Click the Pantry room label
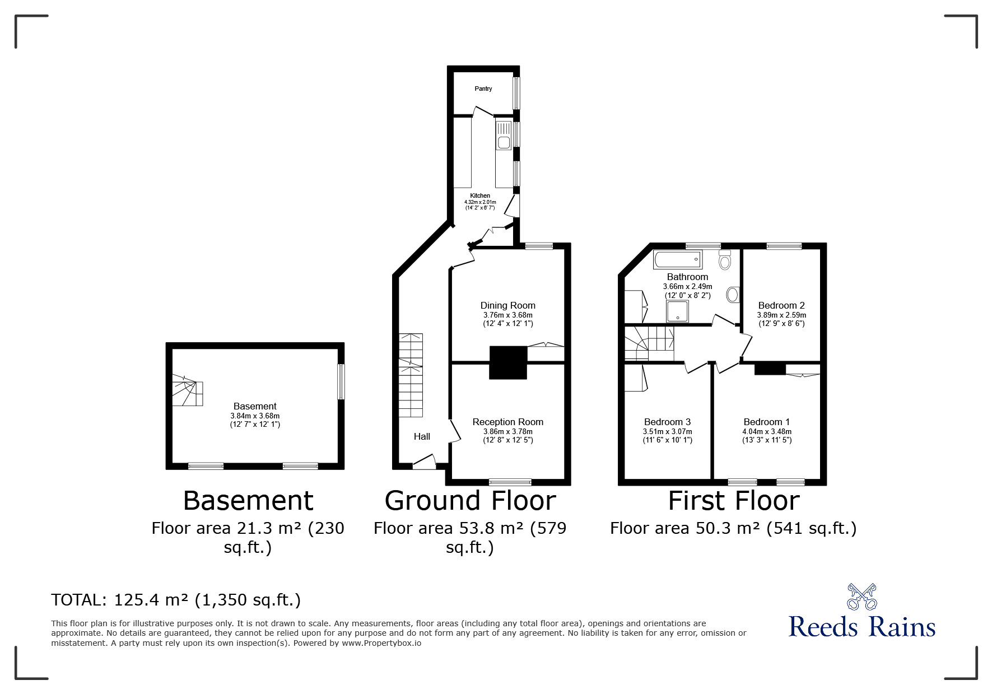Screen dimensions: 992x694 [483, 89]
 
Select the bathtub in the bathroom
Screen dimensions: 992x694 [677, 260]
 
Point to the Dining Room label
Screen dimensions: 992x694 [508, 305]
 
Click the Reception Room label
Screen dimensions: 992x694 [508, 422]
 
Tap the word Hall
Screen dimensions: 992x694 [422, 436]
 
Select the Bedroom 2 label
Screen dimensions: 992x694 [781, 305]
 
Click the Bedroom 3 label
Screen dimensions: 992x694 [667, 422]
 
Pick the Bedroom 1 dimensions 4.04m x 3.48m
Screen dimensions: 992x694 [767, 431]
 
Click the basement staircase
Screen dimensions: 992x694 [187, 390]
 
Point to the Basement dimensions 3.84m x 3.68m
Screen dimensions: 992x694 [255, 416]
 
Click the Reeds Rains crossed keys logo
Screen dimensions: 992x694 [861, 597]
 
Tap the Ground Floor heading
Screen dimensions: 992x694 [470, 500]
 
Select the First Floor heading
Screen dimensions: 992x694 [734, 500]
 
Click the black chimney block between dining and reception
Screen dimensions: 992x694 [509, 362]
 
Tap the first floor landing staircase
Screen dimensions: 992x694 [650, 343]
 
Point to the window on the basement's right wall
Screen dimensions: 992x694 [341, 381]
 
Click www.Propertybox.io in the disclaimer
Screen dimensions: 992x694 [381, 643]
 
